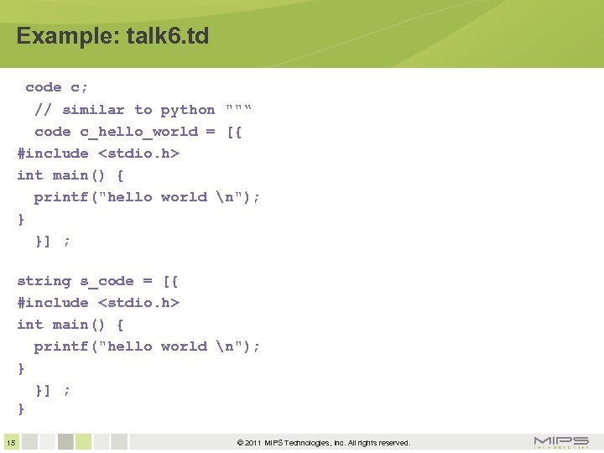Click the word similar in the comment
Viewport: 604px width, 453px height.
(x=93, y=110)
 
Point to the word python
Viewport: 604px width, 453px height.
(x=188, y=110)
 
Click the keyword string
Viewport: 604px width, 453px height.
(x=44, y=281)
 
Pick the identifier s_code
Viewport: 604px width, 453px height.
(x=107, y=281)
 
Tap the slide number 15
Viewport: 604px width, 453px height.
(x=10, y=442)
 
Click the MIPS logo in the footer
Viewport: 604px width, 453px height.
(x=561, y=442)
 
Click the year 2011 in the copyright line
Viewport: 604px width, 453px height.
(x=254, y=443)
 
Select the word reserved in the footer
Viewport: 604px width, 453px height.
(x=392, y=443)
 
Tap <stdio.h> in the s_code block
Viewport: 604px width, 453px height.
(x=139, y=303)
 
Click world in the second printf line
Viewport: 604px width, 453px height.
(x=184, y=346)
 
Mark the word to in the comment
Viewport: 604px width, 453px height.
(x=143, y=110)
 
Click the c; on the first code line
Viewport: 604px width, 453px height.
(x=80, y=87)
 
